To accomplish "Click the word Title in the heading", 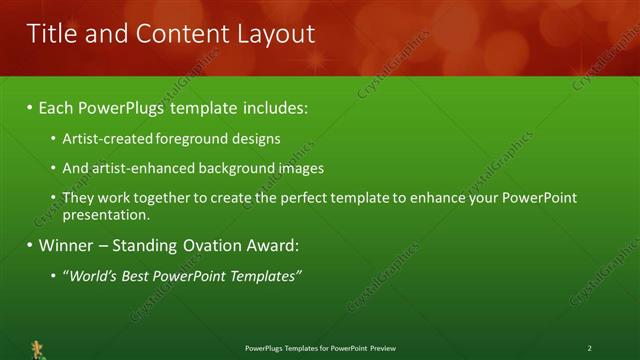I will (54, 34).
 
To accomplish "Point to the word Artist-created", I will (104, 139).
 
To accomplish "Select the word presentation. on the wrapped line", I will (106, 214).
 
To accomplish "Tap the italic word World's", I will (91, 275).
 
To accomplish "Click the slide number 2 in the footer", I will (589, 348).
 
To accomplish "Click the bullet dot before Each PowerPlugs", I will (30, 108).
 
